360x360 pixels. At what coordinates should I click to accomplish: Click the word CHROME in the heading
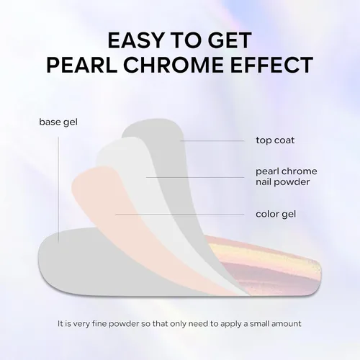point(174,65)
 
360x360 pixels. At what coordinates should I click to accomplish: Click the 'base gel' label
point(58,122)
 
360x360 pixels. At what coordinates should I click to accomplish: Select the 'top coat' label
point(275,140)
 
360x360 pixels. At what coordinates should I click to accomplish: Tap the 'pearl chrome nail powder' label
point(287,176)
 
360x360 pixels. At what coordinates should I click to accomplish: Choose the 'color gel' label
point(276,214)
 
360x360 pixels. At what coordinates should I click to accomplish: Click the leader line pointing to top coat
point(212,140)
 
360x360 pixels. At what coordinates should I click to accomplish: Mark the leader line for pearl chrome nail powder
point(195,178)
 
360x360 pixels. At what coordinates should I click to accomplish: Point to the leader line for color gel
point(180,215)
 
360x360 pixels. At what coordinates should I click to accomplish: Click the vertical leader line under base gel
point(58,189)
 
